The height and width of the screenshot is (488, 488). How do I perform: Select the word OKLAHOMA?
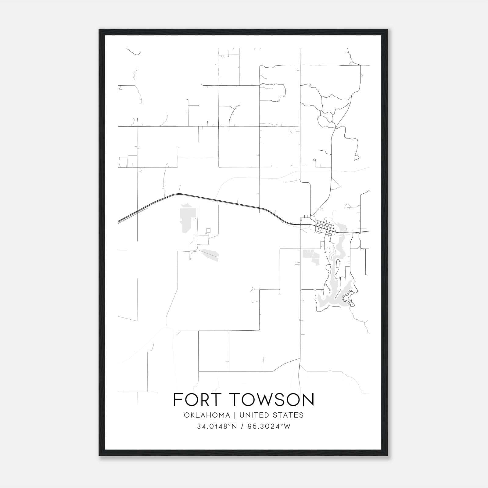(x=206, y=415)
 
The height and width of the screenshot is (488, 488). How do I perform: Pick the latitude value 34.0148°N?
(x=217, y=426)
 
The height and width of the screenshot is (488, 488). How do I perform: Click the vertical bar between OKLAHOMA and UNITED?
(x=235, y=415)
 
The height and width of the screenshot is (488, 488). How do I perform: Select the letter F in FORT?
(x=177, y=400)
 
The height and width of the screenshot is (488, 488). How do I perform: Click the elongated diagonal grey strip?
(x=210, y=254)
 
